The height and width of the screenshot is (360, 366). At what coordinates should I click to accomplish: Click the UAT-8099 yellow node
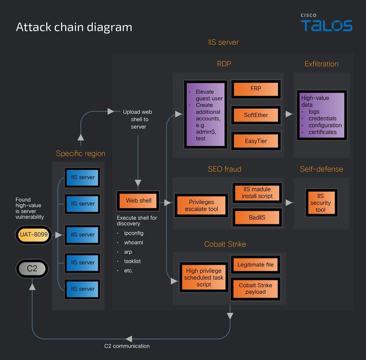(x=34, y=235)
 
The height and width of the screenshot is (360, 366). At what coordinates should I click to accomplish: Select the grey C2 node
(x=32, y=269)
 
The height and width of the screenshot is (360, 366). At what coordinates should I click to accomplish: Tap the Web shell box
(x=138, y=200)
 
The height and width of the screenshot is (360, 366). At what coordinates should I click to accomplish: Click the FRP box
(x=256, y=89)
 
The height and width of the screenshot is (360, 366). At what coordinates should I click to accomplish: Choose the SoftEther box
(x=256, y=115)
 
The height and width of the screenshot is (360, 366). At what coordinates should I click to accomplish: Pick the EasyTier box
(x=256, y=141)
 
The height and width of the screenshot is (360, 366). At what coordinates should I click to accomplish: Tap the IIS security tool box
(x=320, y=203)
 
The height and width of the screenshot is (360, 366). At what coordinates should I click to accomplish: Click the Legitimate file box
(x=255, y=265)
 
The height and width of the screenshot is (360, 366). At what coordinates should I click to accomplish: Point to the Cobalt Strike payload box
(x=255, y=288)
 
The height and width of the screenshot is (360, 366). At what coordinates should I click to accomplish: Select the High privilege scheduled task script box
(x=203, y=278)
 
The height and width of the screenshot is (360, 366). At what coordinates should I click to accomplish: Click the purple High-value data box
(x=322, y=115)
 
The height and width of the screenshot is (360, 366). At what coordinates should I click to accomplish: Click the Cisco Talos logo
(x=326, y=23)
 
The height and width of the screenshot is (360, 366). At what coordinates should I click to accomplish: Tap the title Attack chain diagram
(x=74, y=27)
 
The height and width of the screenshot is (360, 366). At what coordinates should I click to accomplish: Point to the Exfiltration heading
(x=321, y=64)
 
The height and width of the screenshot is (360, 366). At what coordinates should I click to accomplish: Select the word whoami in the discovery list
(x=133, y=243)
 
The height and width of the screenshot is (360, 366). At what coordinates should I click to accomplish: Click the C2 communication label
(x=127, y=346)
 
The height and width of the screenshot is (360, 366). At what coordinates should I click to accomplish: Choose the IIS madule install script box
(x=257, y=192)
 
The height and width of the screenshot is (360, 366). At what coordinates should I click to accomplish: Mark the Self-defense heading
(x=321, y=169)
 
